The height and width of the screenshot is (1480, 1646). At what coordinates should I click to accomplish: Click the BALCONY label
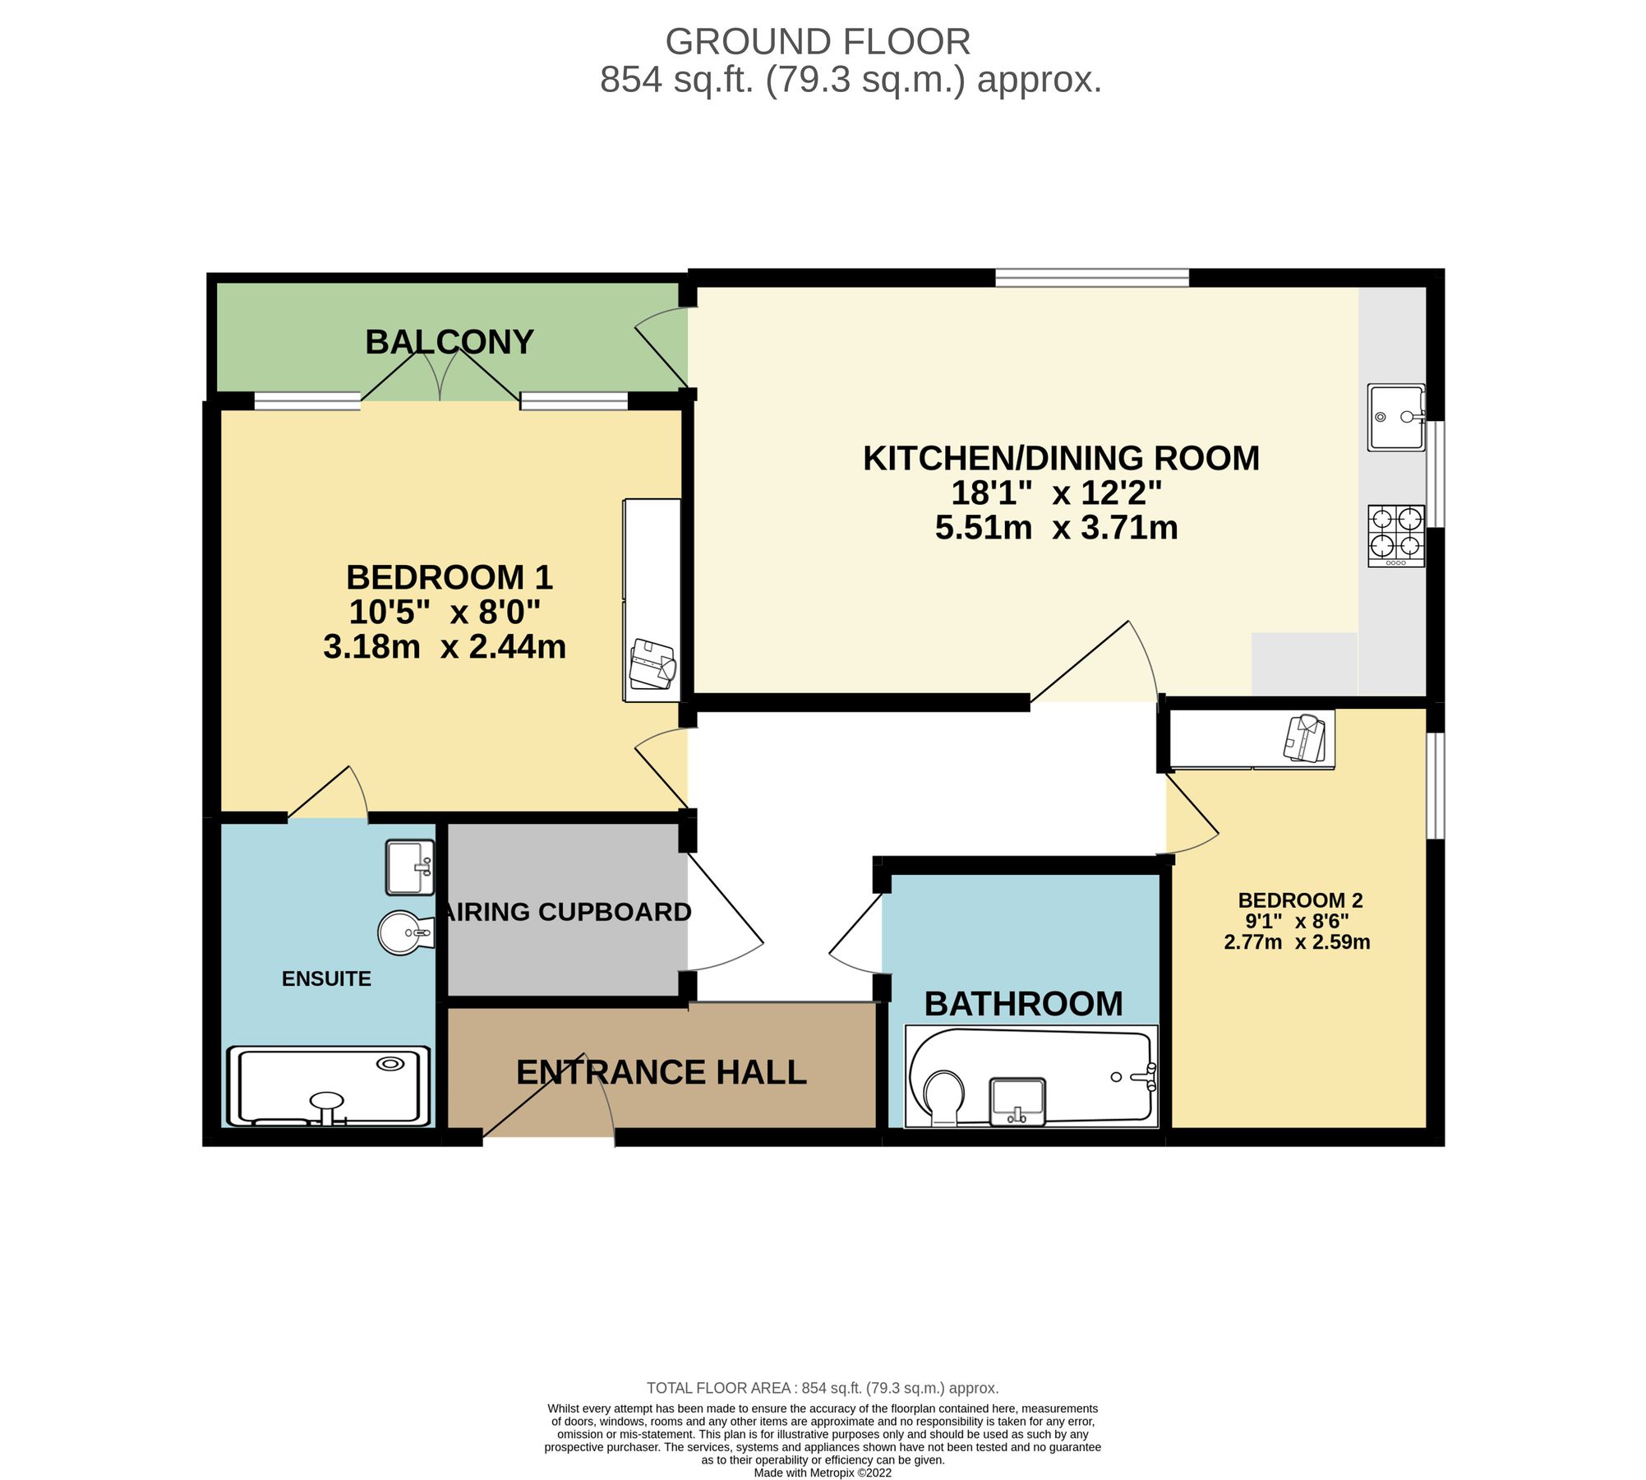click(x=450, y=342)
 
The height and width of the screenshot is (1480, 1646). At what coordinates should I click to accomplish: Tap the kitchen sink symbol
click(x=1395, y=417)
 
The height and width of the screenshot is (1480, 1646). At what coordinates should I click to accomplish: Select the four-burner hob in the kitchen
click(x=1395, y=535)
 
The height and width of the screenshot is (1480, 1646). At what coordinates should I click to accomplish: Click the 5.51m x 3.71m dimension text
click(x=1056, y=528)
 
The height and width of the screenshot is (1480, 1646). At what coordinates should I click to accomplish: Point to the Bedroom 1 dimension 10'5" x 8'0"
click(x=445, y=613)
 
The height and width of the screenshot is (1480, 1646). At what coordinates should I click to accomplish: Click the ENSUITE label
click(x=326, y=978)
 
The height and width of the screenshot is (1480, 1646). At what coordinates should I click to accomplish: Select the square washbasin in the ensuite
click(x=409, y=867)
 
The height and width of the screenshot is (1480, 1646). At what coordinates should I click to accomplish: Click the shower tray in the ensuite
click(x=329, y=1085)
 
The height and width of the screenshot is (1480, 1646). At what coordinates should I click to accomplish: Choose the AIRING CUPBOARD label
click(x=567, y=912)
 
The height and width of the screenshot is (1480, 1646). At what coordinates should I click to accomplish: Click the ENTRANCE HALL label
click(x=661, y=1072)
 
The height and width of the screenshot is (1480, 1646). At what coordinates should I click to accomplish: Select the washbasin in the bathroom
click(x=1018, y=1101)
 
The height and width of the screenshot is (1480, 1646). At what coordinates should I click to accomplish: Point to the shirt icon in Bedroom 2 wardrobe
click(x=1304, y=737)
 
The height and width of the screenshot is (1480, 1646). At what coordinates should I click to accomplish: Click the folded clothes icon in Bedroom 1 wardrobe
click(x=652, y=664)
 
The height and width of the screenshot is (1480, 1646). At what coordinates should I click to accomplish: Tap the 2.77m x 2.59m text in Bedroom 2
click(x=1297, y=942)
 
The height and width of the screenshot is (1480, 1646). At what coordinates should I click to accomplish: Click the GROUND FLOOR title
click(x=818, y=42)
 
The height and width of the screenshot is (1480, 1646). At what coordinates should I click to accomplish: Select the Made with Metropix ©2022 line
click(x=823, y=1473)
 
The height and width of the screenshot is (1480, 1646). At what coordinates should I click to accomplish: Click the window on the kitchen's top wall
click(x=1091, y=277)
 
